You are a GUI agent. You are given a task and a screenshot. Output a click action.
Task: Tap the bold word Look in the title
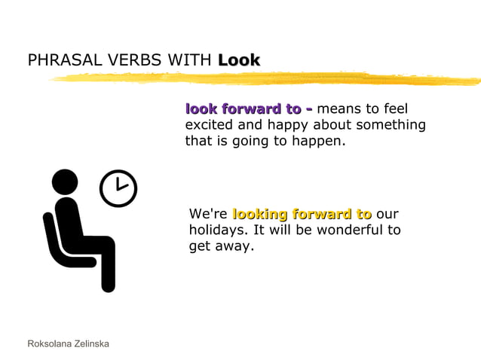coord(239,59)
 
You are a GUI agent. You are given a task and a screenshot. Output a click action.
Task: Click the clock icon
coord(119,188)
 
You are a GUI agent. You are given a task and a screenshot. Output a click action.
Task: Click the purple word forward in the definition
coord(254,109)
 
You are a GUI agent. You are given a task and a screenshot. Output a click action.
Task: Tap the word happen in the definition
coord(320,141)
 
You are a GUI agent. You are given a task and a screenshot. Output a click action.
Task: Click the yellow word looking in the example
coord(259,214)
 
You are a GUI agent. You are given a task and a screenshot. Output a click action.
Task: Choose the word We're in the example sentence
coord(207,214)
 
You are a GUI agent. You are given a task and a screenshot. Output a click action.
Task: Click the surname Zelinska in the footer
coord(93,343)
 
